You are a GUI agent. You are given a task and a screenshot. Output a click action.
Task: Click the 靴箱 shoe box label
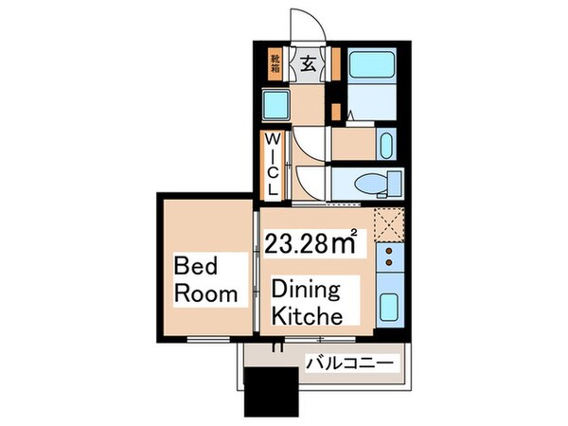click(275, 63)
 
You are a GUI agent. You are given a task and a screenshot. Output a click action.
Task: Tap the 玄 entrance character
click(308, 64)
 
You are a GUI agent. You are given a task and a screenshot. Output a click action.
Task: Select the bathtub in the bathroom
click(371, 63)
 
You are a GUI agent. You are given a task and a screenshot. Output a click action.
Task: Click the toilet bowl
click(370, 184)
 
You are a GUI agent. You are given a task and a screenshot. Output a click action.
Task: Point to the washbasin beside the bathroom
click(386, 145)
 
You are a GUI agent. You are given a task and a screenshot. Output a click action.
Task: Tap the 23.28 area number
click(295, 244)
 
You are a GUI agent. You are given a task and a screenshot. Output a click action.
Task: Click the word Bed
click(196, 266)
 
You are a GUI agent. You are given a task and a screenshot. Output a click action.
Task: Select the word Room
click(205, 293)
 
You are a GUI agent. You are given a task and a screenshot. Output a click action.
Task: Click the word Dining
click(306, 291)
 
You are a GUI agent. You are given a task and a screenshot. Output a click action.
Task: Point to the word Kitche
click(307, 316)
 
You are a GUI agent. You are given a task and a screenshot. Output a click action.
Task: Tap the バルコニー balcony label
click(349, 363)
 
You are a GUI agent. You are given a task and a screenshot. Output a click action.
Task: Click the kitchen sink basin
click(389, 307)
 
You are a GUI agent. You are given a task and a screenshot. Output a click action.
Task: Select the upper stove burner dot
click(389, 251)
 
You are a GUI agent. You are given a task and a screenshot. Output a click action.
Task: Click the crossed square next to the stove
click(389, 224)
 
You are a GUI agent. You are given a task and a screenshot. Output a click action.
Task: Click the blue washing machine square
click(276, 104)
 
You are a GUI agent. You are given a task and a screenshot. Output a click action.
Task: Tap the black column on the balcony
click(272, 392)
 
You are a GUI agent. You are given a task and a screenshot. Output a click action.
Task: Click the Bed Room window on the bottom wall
click(208, 339)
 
